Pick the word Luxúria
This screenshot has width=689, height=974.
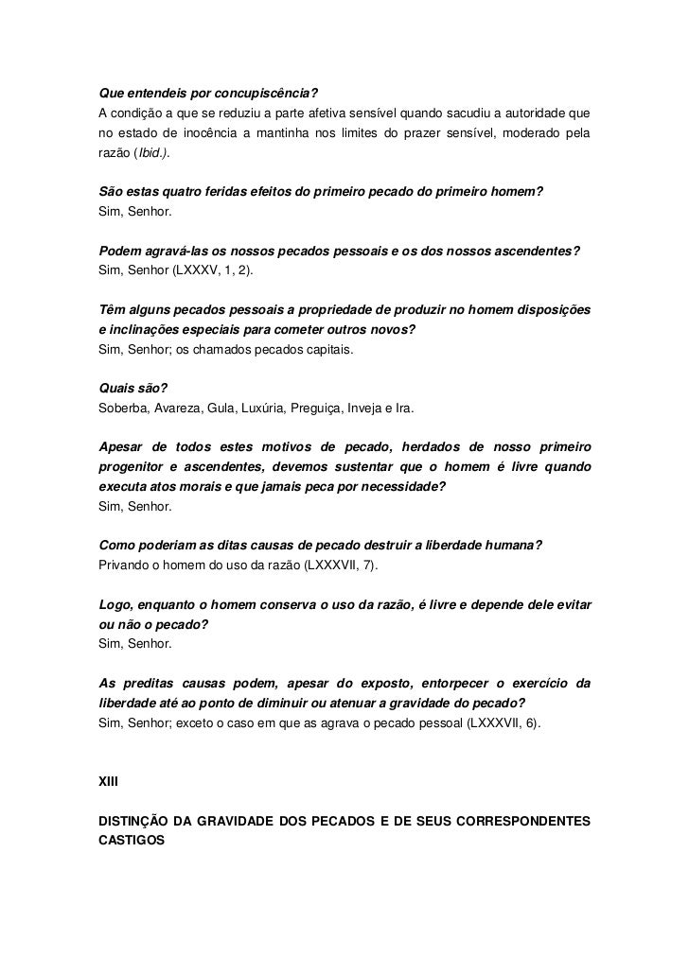click(281, 408)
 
